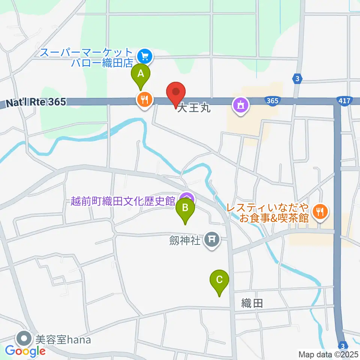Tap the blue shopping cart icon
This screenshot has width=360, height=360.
(144, 57)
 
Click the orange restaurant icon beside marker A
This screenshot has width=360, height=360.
(144, 100)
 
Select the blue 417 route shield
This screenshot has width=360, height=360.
(343, 100)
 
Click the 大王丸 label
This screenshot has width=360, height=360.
(193, 109)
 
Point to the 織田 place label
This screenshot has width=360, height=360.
(252, 303)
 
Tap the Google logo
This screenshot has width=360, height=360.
(25, 351)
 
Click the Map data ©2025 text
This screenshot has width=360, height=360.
(328, 354)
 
